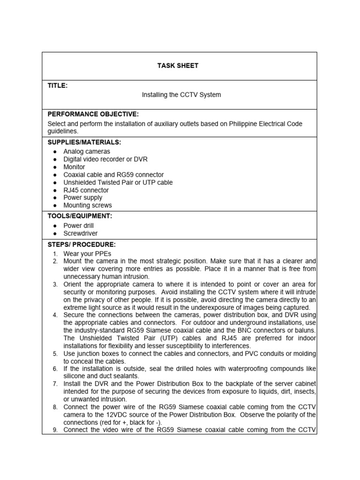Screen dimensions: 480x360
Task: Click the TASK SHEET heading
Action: coord(178,66)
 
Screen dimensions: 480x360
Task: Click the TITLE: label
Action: coord(58,85)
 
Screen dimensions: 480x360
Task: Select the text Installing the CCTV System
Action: coord(181,95)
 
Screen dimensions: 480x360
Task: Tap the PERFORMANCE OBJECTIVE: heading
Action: coord(93,114)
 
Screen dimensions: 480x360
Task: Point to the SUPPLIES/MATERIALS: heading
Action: coord(84,142)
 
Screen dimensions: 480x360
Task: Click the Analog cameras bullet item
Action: coord(87,151)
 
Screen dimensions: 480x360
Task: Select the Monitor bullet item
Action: coord(74,167)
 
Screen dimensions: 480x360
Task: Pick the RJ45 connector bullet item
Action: coord(86,190)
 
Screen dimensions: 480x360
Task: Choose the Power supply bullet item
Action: coord(83,198)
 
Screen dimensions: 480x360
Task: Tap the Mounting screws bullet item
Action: coord(88,205)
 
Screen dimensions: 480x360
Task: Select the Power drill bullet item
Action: coord(78,225)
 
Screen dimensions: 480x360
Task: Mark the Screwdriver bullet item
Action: coord(81,233)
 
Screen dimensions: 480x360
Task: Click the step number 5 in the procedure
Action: coord(55,353)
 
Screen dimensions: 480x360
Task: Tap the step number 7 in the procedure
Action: coord(55,384)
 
